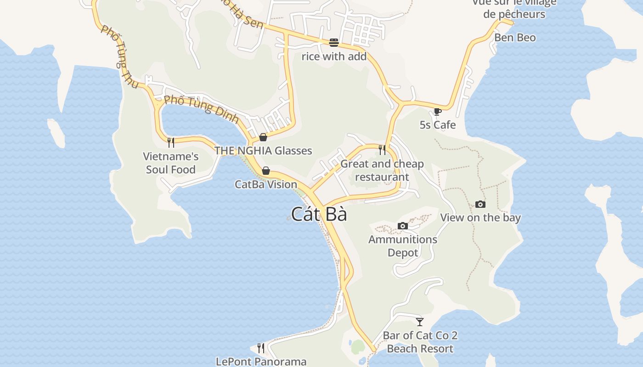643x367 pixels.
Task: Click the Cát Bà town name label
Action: pyautogui.click(x=319, y=214)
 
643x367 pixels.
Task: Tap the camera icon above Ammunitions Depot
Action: pyautogui.click(x=403, y=226)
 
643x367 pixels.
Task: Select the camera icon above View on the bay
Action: pyautogui.click(x=480, y=204)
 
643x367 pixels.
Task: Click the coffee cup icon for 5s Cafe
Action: pyautogui.click(x=437, y=111)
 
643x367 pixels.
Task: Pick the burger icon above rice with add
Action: pyautogui.click(x=334, y=43)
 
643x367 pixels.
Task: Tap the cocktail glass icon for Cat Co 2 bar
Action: pyautogui.click(x=419, y=322)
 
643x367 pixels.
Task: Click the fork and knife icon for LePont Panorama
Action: pyautogui.click(x=261, y=348)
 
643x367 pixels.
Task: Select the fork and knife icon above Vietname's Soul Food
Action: pyautogui.click(x=171, y=142)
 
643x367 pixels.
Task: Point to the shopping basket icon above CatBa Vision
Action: pyautogui.click(x=265, y=171)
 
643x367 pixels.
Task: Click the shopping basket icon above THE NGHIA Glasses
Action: pyautogui.click(x=263, y=137)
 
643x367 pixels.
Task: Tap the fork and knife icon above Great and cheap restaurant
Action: pyautogui.click(x=382, y=150)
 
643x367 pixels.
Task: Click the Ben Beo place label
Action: pyautogui.click(x=515, y=38)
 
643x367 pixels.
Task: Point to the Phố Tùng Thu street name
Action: pyautogui.click(x=119, y=57)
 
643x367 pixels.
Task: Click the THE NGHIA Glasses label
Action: pyautogui.click(x=263, y=150)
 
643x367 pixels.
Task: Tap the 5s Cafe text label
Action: pyautogui.click(x=438, y=125)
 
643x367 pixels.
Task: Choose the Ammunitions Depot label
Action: pyautogui.click(x=403, y=246)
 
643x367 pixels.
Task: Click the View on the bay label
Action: pyautogui.click(x=480, y=217)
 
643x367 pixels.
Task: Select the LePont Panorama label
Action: pyautogui.click(x=261, y=361)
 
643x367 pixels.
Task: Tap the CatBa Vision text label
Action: pyautogui.click(x=266, y=184)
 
